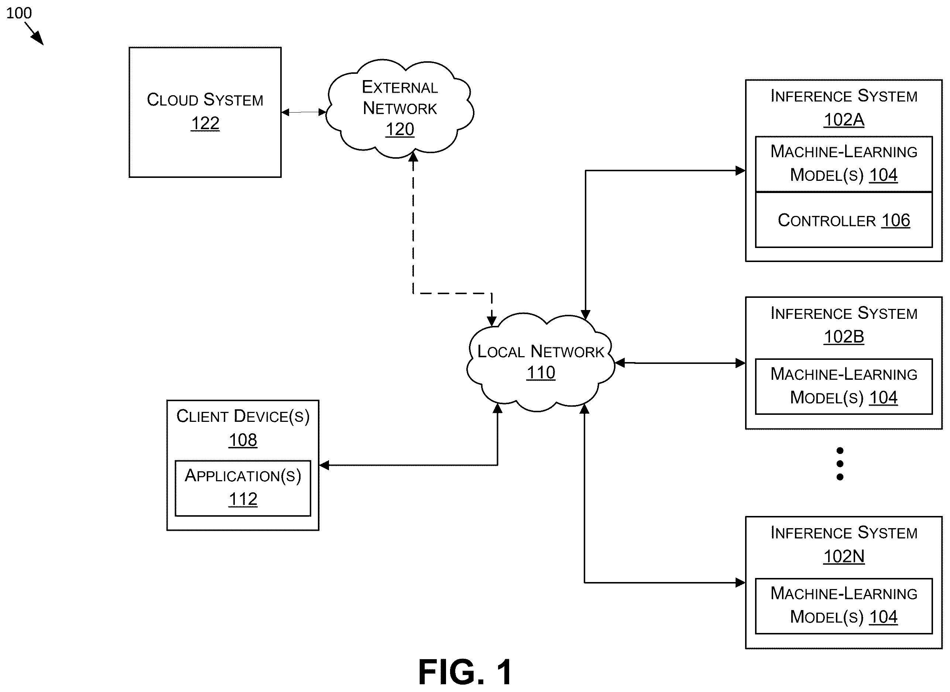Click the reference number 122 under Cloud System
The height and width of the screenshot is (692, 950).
coord(205,124)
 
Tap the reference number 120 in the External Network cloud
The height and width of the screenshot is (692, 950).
coord(400,130)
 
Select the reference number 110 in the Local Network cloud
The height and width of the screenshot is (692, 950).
coord(541,373)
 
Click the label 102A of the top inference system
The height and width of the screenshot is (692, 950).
coord(844,120)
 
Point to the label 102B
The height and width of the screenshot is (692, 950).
coord(844,337)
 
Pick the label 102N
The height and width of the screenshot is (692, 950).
coord(844,556)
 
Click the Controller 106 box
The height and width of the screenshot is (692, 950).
coord(844,220)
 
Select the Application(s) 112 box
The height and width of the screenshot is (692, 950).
coord(243,488)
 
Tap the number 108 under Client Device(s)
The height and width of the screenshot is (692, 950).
coord(243,440)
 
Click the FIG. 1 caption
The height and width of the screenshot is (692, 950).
coord(465,672)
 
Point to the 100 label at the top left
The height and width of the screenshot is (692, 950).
coord(19,13)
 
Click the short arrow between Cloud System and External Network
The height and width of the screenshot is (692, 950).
coord(304,112)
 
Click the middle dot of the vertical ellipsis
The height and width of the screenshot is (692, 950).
coord(840,464)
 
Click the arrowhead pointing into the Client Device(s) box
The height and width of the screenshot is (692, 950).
coord(324,465)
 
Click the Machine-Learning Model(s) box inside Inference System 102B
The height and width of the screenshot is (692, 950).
coord(844,386)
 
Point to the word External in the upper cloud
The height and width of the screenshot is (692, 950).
coord(400,87)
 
